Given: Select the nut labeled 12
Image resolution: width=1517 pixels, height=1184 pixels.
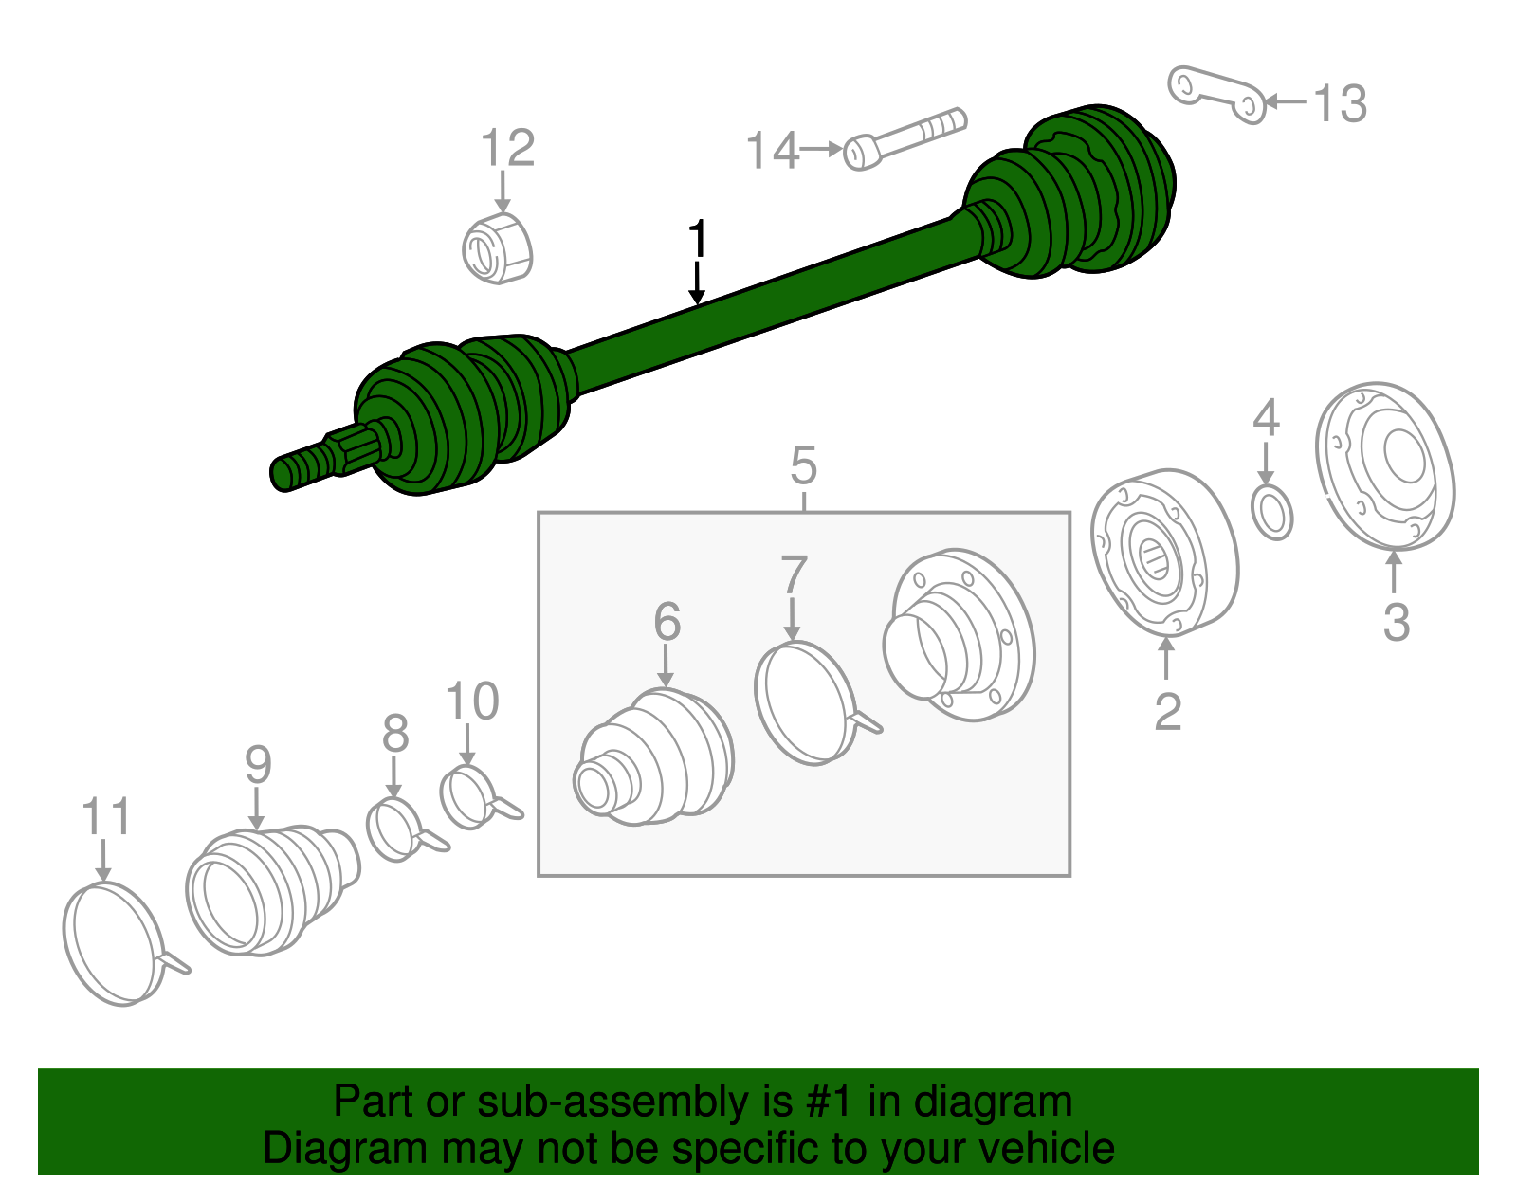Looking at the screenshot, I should pyautogui.click(x=497, y=248).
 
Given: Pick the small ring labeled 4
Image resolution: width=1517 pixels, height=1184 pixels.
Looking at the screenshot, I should pyautogui.click(x=1271, y=512).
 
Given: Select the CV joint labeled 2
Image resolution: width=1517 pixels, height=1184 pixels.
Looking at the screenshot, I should pyautogui.click(x=1163, y=553).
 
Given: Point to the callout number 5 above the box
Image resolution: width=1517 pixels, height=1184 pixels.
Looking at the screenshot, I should pyautogui.click(x=803, y=466).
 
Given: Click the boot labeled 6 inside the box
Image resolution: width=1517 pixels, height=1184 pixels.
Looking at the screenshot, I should pyautogui.click(x=654, y=758).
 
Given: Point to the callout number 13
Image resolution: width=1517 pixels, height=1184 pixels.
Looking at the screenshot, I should pyautogui.click(x=1339, y=103).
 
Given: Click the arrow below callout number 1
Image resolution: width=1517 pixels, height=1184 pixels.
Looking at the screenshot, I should pyautogui.click(x=697, y=284).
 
